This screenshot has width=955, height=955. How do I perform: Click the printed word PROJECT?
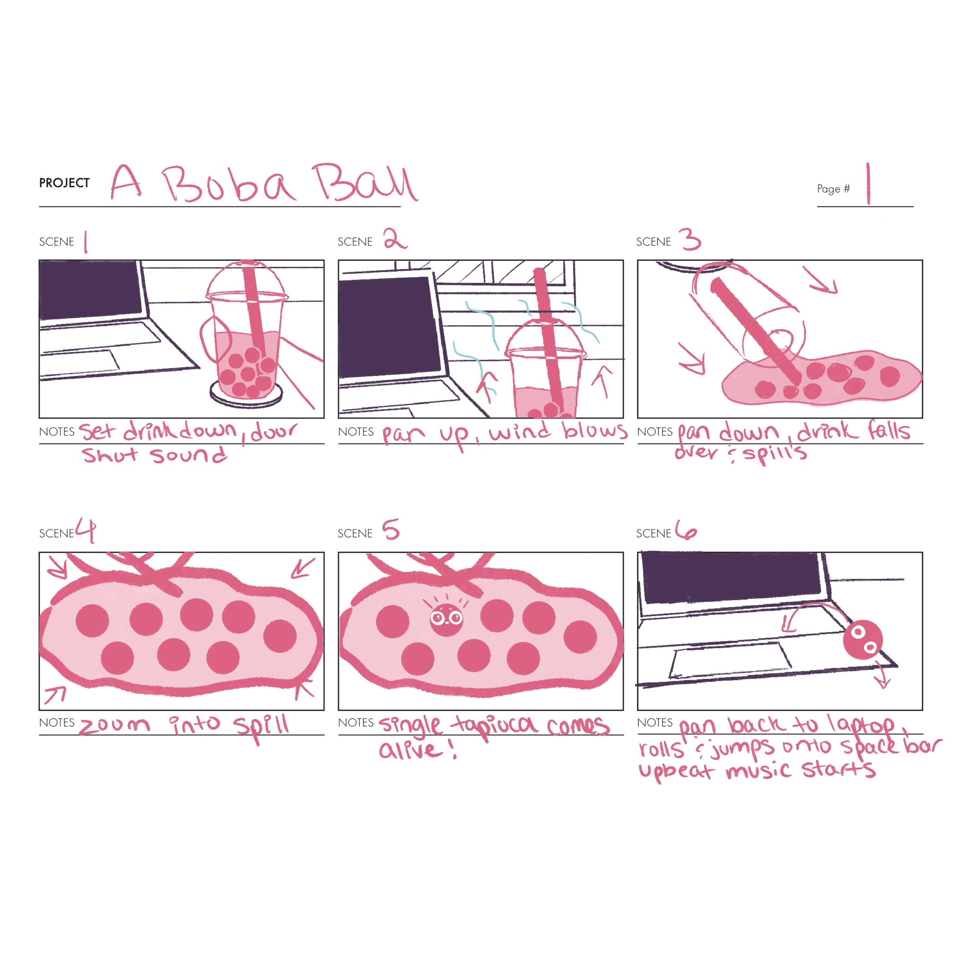pos(64,183)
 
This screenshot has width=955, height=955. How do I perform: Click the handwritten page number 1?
pos(868,184)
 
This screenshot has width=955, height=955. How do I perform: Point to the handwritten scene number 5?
pos(391,529)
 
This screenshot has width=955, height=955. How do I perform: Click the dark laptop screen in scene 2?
pos(389,327)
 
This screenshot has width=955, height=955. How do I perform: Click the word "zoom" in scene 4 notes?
pos(115,726)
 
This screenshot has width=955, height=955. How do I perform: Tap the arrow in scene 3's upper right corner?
pos(821,280)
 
